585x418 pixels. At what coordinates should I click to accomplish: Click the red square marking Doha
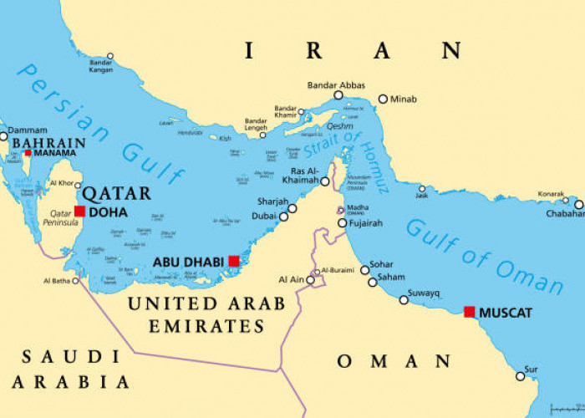point(79,212)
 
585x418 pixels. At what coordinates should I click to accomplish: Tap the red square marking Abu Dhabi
point(234,262)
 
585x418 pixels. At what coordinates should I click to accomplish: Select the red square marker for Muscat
point(470,312)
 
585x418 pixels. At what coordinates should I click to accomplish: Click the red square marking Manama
point(28,153)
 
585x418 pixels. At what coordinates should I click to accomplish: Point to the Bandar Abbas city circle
point(338,95)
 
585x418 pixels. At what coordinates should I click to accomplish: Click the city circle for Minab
point(383,99)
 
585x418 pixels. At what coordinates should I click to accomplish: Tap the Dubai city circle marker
point(283,217)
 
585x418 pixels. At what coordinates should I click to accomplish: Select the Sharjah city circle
point(292,208)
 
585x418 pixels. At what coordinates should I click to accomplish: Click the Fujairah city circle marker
point(343,223)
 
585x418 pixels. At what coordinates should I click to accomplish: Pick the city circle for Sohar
point(364,269)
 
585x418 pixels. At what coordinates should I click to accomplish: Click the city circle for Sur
point(520,376)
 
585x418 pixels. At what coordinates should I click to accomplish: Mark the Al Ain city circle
point(310,280)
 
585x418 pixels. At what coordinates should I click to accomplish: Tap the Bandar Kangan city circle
point(109,56)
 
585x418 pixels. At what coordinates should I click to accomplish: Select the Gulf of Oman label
point(483,255)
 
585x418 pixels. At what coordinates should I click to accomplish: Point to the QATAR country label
point(115,193)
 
